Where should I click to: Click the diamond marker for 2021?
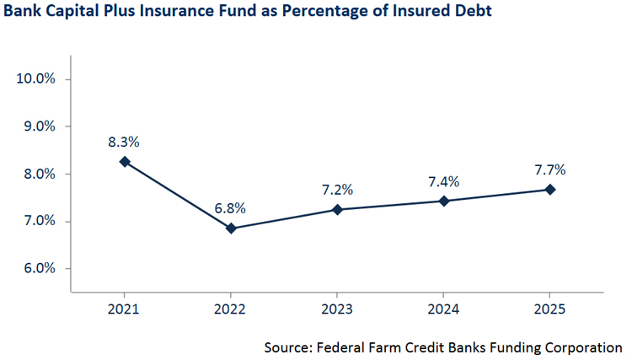125,161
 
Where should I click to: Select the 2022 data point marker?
231,228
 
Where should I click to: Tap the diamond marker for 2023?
337,209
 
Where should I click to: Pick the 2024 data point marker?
443,201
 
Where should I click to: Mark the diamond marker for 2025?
549,190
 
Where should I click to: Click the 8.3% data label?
125,141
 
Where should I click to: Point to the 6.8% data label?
231,208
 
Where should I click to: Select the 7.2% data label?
337,189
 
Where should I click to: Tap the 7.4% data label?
443,180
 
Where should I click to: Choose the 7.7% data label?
549,169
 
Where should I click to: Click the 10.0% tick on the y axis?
36,79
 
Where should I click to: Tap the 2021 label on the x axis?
125,310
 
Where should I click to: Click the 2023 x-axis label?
337,310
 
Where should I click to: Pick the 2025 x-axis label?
549,310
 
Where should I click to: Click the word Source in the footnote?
287,347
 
